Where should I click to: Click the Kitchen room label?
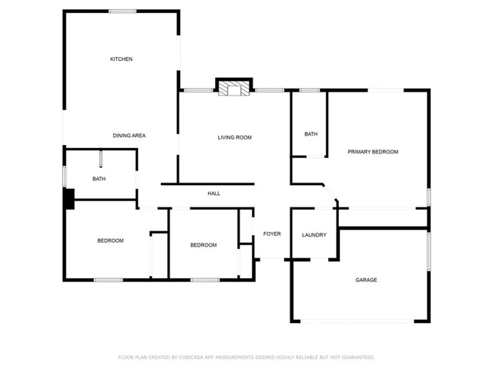click(x=121, y=59)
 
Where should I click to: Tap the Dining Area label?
click(x=129, y=136)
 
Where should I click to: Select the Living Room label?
click(x=234, y=138)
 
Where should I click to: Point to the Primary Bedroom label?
click(x=372, y=152)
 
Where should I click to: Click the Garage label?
click(x=366, y=280)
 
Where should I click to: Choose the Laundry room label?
click(x=314, y=235)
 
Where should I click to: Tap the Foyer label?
click(x=272, y=234)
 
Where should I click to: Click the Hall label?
click(x=214, y=193)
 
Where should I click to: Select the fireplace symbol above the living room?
click(x=234, y=89)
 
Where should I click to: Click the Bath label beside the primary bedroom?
click(x=310, y=134)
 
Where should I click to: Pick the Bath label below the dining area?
click(x=99, y=179)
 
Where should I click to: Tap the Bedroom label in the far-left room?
click(x=110, y=240)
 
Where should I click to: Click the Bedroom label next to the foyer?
click(x=203, y=245)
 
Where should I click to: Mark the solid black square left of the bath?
click(x=69, y=199)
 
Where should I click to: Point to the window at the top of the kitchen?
click(x=122, y=11)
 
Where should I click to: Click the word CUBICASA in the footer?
click(x=196, y=357)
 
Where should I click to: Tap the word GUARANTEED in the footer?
click(x=356, y=357)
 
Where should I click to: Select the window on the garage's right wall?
click(x=428, y=252)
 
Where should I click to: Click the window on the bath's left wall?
click(x=64, y=175)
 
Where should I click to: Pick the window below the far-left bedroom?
click(x=108, y=280)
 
